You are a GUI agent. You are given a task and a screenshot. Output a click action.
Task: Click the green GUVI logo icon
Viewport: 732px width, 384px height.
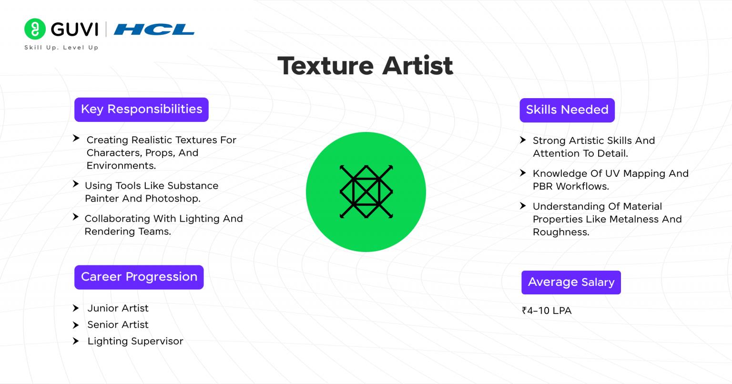[35, 29]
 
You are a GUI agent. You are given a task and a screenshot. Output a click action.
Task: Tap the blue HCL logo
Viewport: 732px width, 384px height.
[154, 30]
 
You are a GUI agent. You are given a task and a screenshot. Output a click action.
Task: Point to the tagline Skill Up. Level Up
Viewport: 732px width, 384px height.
[61, 48]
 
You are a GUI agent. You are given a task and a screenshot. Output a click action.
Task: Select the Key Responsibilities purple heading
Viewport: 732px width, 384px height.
[142, 110]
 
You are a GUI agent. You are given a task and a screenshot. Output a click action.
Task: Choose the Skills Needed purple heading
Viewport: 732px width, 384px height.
[567, 110]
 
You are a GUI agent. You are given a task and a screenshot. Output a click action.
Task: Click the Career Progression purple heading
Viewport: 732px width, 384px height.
[139, 277]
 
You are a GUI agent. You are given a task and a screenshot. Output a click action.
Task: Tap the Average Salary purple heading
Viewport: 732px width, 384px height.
[571, 283]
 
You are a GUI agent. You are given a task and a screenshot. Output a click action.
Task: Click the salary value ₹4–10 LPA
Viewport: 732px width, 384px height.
[547, 311]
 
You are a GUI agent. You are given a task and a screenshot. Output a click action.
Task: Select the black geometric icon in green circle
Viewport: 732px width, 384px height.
[366, 192]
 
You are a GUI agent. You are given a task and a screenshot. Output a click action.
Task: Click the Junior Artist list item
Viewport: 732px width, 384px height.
[118, 308]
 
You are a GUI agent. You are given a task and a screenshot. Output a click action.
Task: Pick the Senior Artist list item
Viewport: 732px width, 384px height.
[118, 324]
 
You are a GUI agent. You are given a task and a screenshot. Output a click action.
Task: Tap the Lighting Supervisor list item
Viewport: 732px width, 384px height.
[135, 341]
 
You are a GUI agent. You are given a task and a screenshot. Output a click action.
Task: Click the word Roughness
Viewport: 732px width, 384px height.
[561, 232]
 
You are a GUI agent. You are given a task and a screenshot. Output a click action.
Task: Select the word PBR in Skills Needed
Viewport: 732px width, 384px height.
[543, 186]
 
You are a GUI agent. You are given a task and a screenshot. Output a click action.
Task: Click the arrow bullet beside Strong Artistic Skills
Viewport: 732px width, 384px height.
[523, 140]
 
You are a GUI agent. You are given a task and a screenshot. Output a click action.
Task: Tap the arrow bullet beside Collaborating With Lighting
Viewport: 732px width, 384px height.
[75, 217]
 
